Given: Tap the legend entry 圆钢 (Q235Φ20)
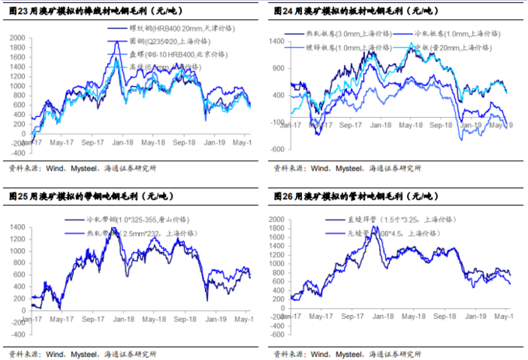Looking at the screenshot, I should tap(171, 40).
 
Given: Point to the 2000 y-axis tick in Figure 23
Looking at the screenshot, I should tap(16, 37).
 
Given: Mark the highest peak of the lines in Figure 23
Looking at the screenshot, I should tap(117, 43).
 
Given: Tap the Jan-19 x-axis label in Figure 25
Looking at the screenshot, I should tap(217, 319).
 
